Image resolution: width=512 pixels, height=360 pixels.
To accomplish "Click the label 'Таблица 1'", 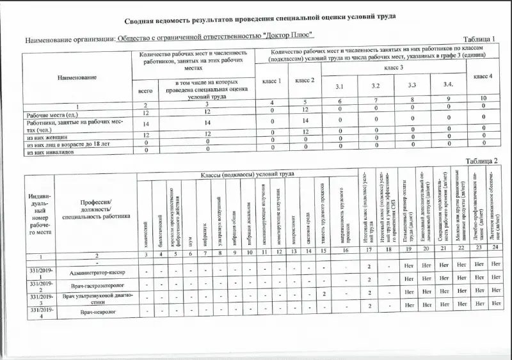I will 478,40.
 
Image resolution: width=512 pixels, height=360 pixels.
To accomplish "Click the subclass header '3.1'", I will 340,86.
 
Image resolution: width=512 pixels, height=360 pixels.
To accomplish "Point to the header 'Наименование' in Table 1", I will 77,77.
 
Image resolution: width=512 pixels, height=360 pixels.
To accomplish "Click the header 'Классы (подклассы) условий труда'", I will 247,173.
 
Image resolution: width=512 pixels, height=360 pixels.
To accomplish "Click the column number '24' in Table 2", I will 495,247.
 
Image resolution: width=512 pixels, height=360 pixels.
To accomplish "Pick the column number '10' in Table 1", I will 482,98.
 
